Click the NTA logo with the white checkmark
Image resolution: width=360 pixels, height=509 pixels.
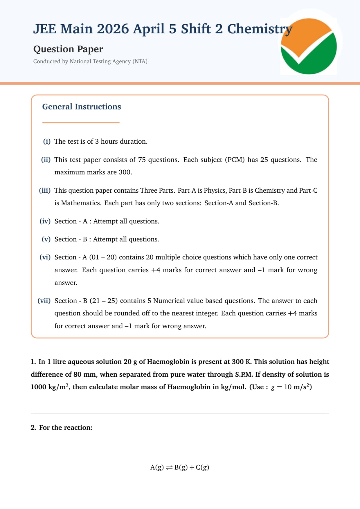pyautogui.click(x=309, y=46)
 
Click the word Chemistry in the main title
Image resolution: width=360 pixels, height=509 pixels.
pyautogui.click(x=260, y=29)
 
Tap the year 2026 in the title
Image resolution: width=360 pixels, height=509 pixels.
pyautogui.click(x=113, y=29)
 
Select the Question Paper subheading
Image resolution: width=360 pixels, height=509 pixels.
pyautogui.click(x=68, y=49)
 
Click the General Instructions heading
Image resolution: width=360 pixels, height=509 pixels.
pyautogui.click(x=82, y=107)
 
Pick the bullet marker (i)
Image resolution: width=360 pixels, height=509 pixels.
pyautogui.click(x=47, y=141)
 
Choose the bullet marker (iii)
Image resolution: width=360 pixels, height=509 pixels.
pyautogui.click(x=45, y=190)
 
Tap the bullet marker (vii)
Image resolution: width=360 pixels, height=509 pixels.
pyautogui.click(x=44, y=301)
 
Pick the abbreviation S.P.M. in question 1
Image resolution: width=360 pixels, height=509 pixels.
pyautogui.click(x=244, y=374)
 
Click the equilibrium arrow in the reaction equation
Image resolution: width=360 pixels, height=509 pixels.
pyautogui.click(x=169, y=468)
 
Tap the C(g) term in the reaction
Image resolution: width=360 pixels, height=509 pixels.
pyautogui.click(x=202, y=468)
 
